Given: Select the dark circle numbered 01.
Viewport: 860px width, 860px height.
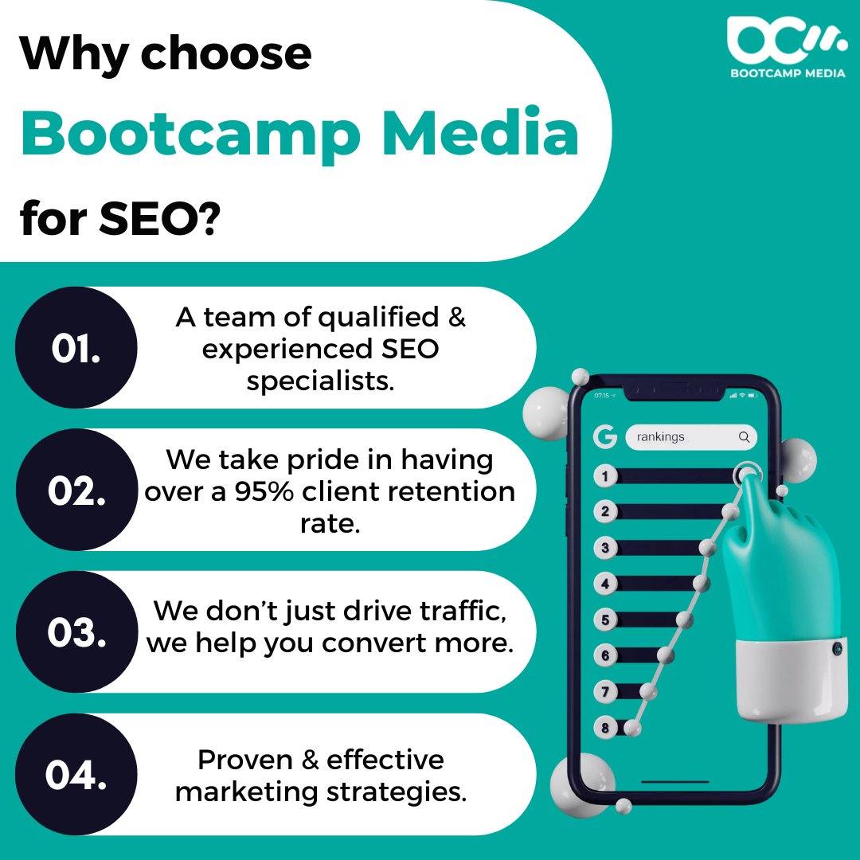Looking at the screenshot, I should pos(76,348).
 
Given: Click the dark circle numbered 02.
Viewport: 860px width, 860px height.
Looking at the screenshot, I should pos(76,491).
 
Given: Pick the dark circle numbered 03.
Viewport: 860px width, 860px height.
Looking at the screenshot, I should pos(76,632).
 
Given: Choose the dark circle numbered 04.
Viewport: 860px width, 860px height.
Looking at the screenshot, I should pos(76,775).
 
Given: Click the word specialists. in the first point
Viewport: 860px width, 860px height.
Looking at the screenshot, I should pos(320,381).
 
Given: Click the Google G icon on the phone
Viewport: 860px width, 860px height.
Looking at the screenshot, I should pos(605,436).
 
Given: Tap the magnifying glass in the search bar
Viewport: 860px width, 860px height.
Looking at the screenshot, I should pos(744,437).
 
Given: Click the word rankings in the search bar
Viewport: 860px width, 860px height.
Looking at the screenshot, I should pos(660,437).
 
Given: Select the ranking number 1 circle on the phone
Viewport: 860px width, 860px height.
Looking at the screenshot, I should pos(605,476).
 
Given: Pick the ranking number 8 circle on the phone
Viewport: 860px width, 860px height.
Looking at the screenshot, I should pos(605,728).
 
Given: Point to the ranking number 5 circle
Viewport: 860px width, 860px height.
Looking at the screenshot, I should pos(605,620).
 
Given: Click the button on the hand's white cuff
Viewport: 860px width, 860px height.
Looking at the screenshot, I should pos(837,649).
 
